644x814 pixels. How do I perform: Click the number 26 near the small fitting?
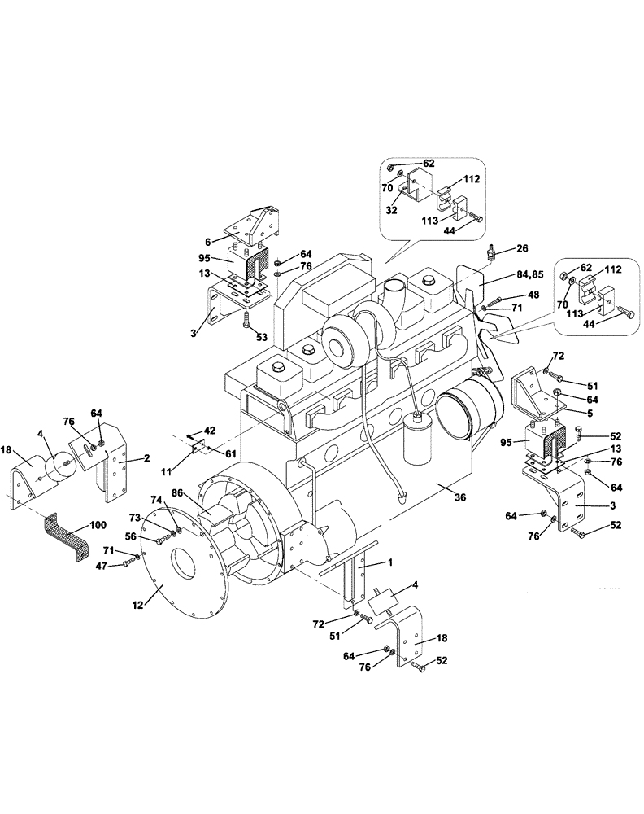click(x=521, y=248)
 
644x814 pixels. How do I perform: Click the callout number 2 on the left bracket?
click(x=148, y=458)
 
